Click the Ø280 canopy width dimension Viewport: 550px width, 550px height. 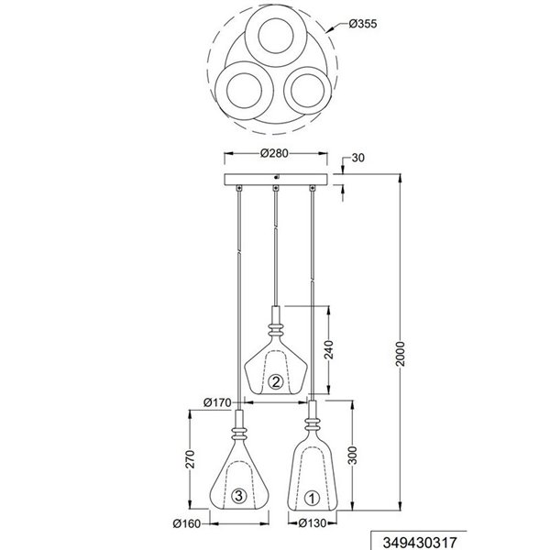tap(275, 154)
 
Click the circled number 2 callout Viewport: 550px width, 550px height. tap(274, 381)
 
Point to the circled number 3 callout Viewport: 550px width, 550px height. tap(237, 497)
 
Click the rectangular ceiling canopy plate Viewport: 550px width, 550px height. tap(275, 178)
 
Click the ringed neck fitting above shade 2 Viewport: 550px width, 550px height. tap(274, 325)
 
